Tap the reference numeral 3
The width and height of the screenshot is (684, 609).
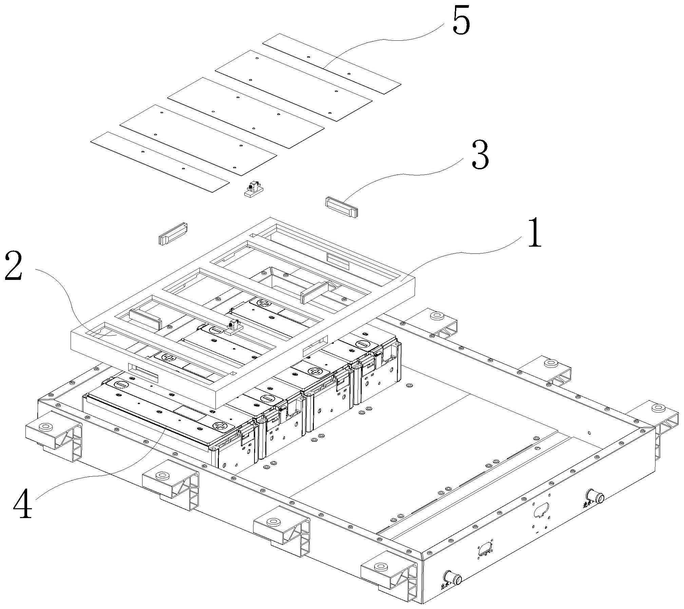click(480, 155)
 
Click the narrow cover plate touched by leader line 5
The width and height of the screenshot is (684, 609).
click(332, 63)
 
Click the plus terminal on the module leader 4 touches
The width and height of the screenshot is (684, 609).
click(220, 426)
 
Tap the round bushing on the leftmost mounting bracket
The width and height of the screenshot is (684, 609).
click(45, 427)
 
